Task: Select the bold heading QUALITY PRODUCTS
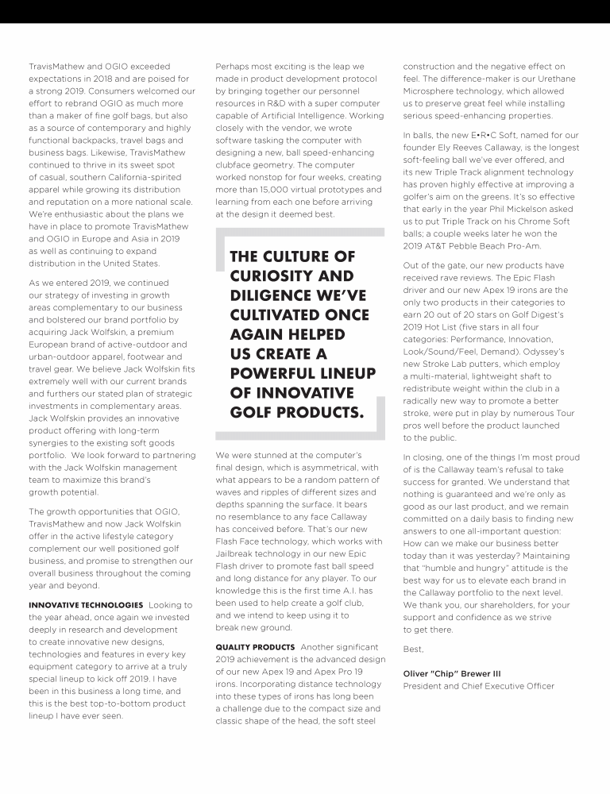coord(253,648)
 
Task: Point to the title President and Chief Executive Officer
coord(478,686)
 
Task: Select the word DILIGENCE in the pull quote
coord(272,295)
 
